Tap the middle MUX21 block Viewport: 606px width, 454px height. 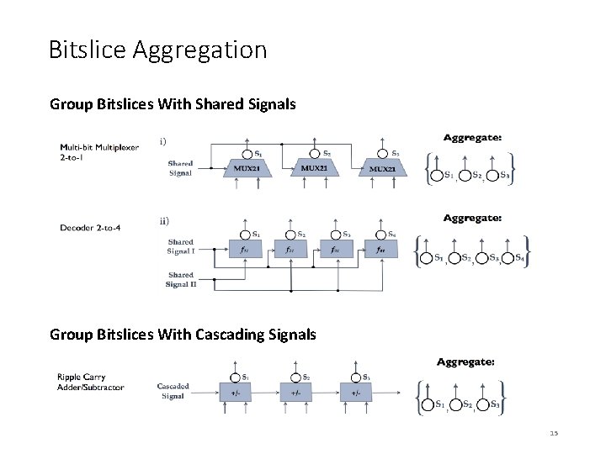pos(318,169)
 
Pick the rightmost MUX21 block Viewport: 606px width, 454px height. pos(387,170)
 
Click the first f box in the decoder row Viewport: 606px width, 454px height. pos(243,250)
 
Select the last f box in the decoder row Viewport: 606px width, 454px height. pos(380,250)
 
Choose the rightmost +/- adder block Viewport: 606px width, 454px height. pos(356,393)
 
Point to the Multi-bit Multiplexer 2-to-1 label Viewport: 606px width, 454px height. pos(99,151)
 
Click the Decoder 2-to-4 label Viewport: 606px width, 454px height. pos(90,227)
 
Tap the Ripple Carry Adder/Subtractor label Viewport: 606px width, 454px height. pos(90,383)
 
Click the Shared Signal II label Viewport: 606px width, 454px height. pos(181,280)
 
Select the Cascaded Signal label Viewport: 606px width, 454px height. pos(173,391)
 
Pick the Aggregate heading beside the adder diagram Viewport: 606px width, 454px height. pos(465,362)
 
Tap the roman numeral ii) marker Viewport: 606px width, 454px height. pos(163,222)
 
